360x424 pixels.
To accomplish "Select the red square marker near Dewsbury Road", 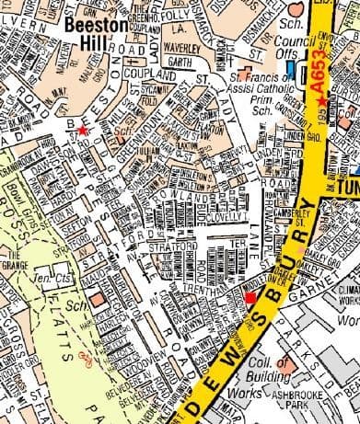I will point(250,298).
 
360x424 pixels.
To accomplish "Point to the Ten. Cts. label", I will point(46,277).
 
